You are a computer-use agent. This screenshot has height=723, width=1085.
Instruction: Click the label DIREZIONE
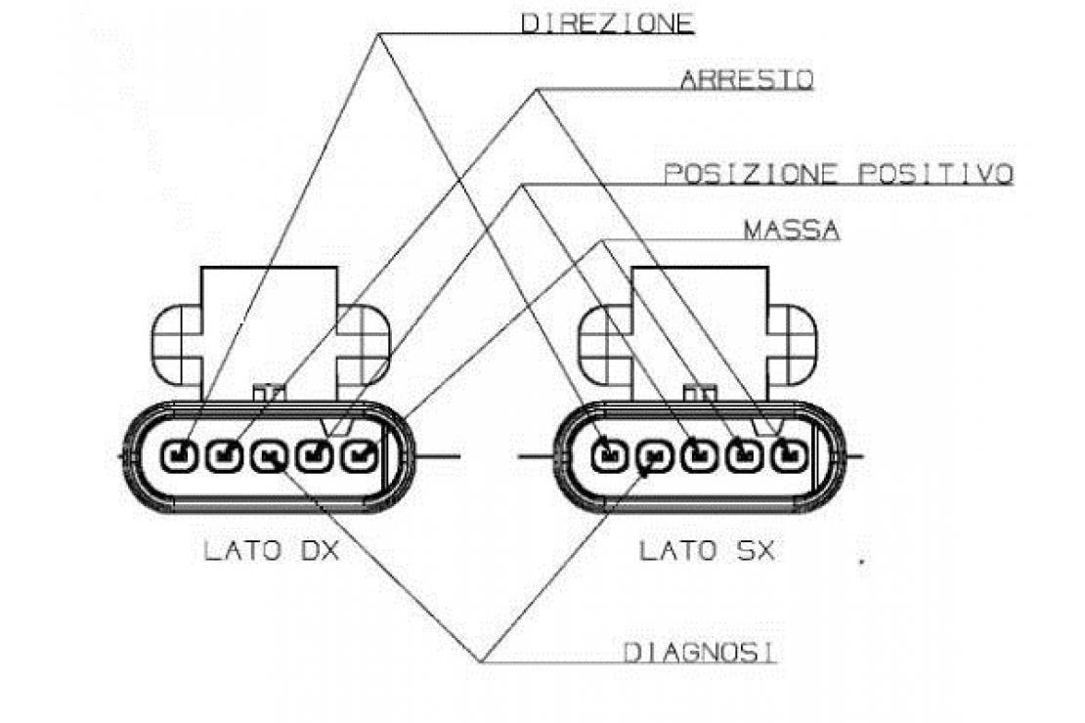point(607,23)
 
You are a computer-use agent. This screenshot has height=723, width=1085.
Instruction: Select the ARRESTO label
point(747,80)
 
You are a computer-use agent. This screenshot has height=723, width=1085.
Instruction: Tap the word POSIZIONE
point(751,174)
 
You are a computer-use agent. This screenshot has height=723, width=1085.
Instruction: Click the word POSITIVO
point(936,174)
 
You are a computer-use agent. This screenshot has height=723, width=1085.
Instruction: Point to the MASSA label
point(793,230)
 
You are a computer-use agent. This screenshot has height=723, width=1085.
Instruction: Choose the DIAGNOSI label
point(700,653)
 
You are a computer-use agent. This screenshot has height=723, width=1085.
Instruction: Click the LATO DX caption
point(272,551)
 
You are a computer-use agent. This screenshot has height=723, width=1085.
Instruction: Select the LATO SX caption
point(707,551)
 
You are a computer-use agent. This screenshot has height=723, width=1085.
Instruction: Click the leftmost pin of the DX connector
point(180,456)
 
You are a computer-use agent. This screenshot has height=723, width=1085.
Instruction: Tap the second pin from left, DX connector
point(225,456)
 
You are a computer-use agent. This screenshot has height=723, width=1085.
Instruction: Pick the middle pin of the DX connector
point(270,456)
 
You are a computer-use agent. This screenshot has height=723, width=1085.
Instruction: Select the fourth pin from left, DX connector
point(315,456)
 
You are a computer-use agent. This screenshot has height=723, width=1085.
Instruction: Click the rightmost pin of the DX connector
point(360,456)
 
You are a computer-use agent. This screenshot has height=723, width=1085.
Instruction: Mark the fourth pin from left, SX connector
point(745,456)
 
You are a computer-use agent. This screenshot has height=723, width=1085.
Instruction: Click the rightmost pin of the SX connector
point(790,456)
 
